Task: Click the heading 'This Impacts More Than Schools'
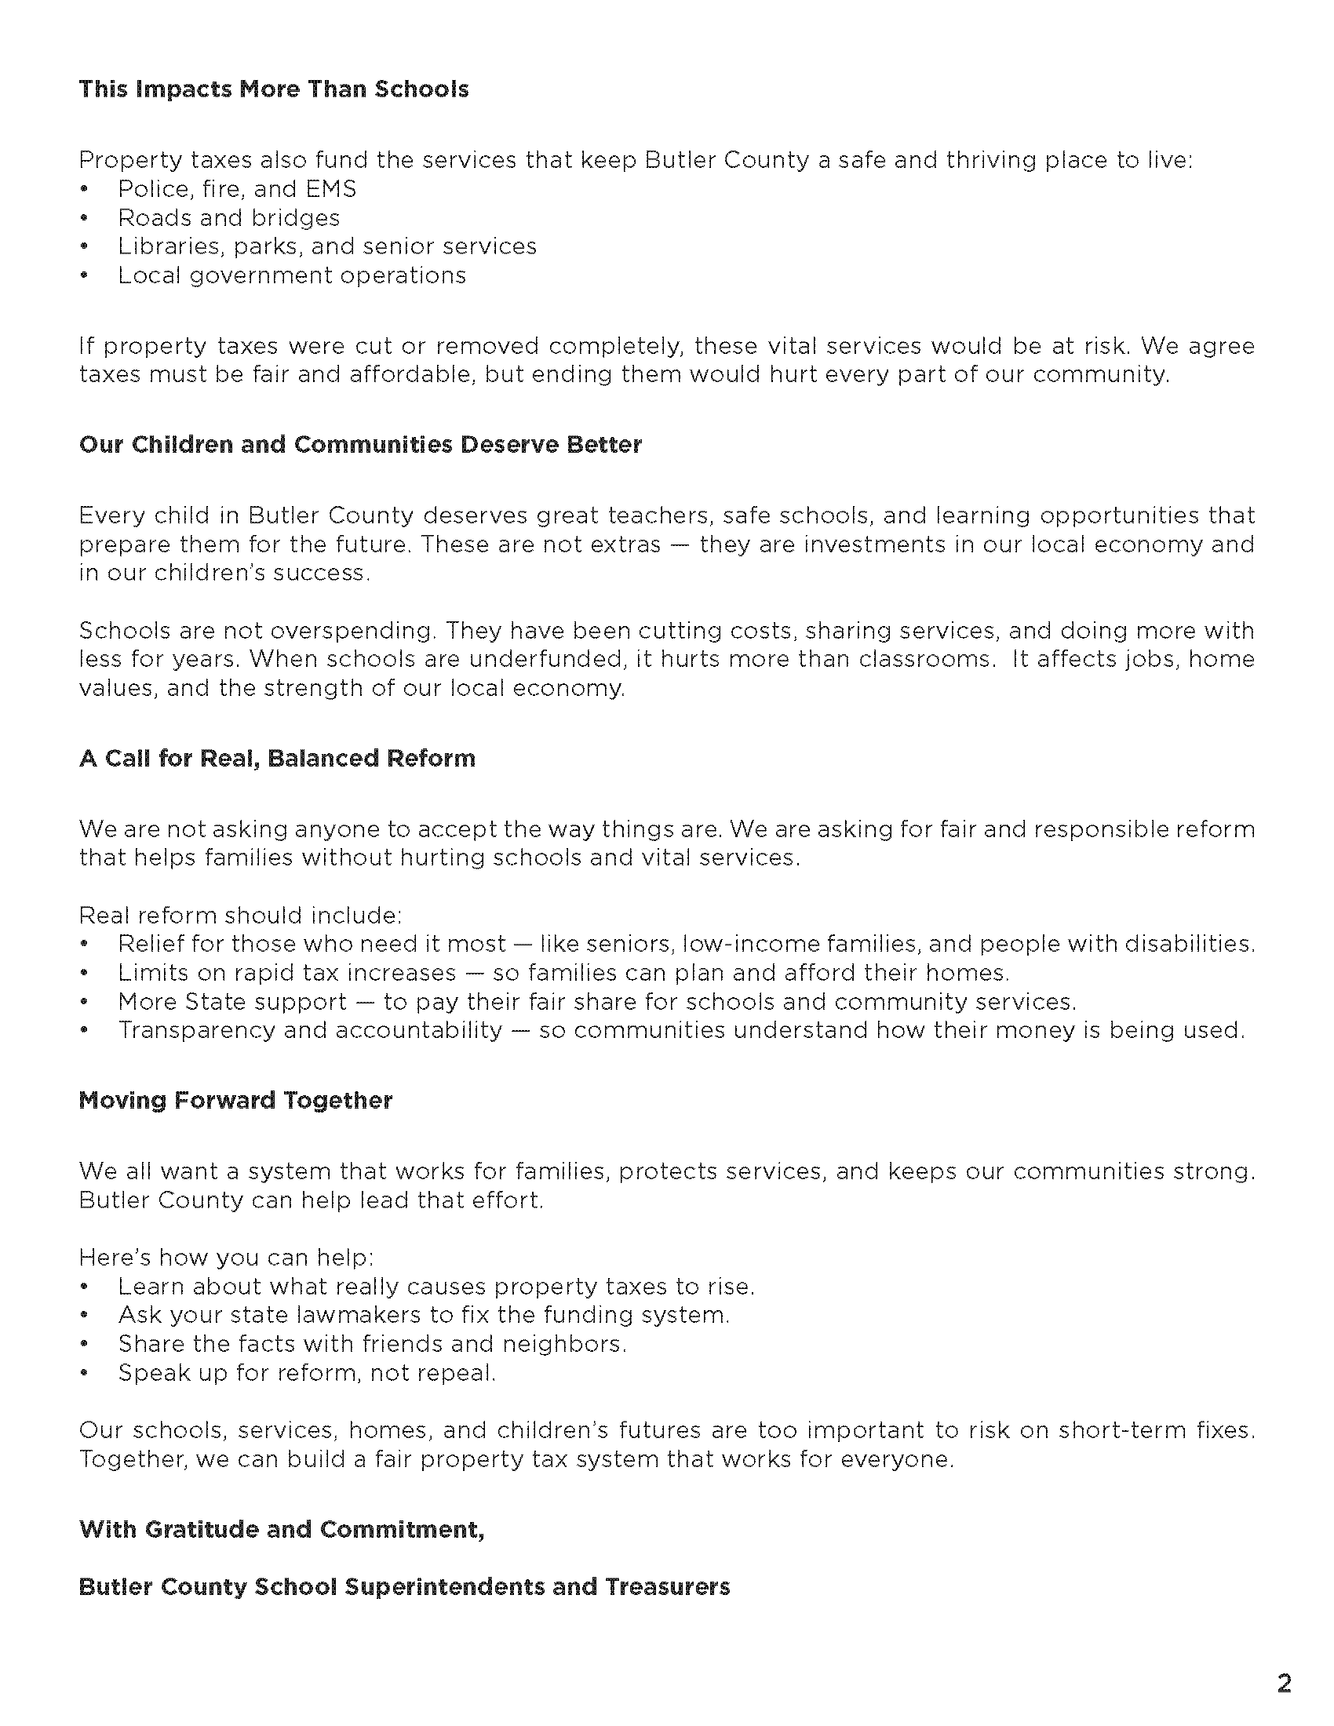pyautogui.click(x=273, y=89)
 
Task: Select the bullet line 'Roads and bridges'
pyautogui.click(x=228, y=218)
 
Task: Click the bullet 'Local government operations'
pyautogui.click(x=292, y=275)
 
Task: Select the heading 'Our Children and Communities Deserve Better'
pyautogui.click(x=360, y=445)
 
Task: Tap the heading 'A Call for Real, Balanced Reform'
pyautogui.click(x=277, y=759)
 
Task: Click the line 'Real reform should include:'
pyautogui.click(x=240, y=915)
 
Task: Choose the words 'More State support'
pyautogui.click(x=231, y=1002)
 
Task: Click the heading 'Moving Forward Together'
pyautogui.click(x=235, y=1101)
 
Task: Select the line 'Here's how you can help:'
pyautogui.click(x=226, y=1258)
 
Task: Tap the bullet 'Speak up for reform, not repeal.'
pyautogui.click(x=307, y=1373)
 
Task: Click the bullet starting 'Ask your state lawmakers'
pyautogui.click(x=424, y=1315)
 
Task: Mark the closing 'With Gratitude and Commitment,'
pyautogui.click(x=282, y=1529)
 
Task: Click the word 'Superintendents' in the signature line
pyautogui.click(x=444, y=1587)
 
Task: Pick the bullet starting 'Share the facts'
pyautogui.click(x=372, y=1343)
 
